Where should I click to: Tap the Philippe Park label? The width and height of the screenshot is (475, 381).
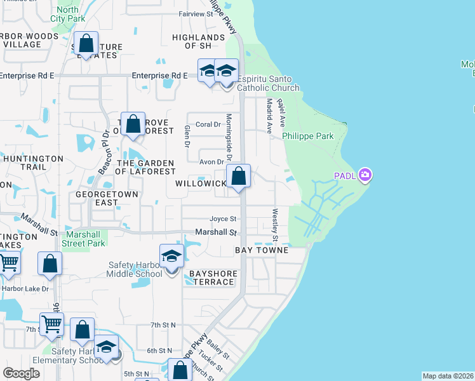(x=307, y=136)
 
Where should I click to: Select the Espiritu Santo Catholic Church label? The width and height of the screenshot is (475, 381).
(x=268, y=83)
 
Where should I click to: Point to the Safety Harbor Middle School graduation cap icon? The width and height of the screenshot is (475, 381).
(x=171, y=256)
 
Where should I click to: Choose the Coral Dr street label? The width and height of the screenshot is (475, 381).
(x=208, y=124)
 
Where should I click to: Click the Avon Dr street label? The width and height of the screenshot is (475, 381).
(x=212, y=162)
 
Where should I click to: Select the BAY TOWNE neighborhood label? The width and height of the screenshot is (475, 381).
(x=262, y=251)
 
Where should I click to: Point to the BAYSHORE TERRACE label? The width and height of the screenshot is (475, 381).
(x=213, y=277)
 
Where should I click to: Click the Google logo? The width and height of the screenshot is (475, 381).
(x=21, y=373)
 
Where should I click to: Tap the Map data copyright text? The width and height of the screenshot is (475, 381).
(x=448, y=376)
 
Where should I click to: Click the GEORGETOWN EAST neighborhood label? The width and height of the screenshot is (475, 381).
(x=97, y=197)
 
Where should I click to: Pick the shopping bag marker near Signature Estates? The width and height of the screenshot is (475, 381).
(x=86, y=44)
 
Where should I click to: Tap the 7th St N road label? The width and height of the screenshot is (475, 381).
(x=163, y=325)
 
